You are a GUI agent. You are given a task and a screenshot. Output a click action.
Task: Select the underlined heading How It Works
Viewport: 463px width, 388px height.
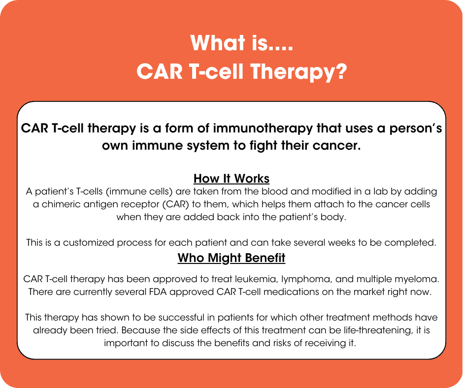pos(231,178)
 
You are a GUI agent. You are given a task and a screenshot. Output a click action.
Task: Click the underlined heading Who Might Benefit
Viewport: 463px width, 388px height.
pos(231,258)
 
